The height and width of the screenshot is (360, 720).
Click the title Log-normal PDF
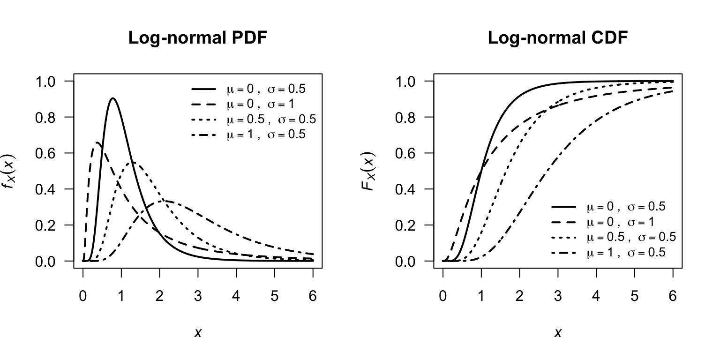(198, 38)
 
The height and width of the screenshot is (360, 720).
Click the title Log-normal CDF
(557, 38)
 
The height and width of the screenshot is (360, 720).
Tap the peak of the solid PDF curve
(113, 98)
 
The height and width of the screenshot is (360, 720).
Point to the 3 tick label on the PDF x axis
(198, 296)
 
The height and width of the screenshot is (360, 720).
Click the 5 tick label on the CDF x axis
(634, 296)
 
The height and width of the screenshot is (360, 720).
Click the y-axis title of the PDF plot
(10, 171)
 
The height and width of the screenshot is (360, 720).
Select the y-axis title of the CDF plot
(370, 171)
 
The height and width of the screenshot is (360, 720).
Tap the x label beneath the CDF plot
(558, 333)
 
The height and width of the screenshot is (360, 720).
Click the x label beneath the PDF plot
(198, 333)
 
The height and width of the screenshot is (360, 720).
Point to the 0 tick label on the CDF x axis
(443, 296)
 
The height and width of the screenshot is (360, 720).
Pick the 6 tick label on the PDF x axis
(313, 296)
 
